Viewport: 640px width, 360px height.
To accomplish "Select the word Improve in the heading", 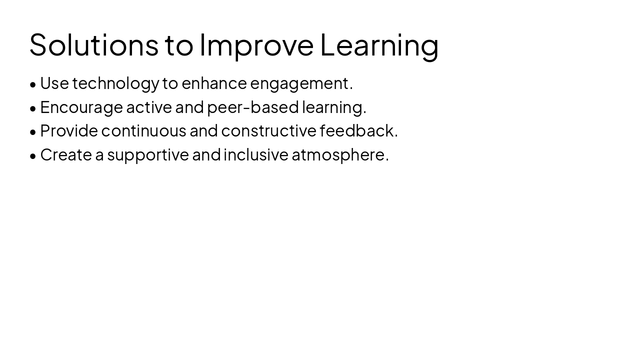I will coord(256,44).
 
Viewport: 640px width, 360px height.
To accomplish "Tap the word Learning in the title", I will coord(379,44).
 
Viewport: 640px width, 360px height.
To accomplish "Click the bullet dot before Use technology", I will coord(33,84).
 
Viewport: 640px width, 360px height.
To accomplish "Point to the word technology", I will coord(115,83).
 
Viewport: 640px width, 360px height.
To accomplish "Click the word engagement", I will coord(299,83).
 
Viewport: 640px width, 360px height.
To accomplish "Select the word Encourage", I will coord(81,107).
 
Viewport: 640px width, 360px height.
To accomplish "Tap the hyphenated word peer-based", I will coord(253,107).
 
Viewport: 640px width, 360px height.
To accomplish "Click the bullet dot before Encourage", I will coord(33,108).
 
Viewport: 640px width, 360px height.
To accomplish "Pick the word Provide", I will coord(69,131).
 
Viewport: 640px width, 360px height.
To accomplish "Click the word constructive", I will coord(268,131).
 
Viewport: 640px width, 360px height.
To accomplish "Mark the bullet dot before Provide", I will coord(33,132).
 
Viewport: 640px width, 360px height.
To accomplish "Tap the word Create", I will coord(66,155).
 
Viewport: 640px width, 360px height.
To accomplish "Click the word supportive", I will coord(148,155).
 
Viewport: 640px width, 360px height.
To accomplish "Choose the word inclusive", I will coord(256,155).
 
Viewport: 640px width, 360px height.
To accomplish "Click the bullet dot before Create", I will coord(33,156).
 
